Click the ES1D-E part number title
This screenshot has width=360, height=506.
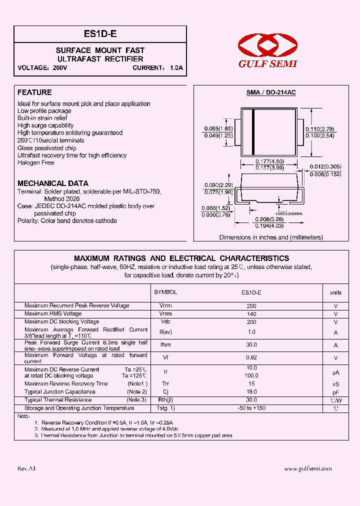point(100,34)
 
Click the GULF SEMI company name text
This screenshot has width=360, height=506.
point(267,63)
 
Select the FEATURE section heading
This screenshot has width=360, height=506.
point(34,92)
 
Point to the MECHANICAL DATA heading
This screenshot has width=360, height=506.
point(53,183)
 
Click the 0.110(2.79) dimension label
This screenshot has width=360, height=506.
point(319,129)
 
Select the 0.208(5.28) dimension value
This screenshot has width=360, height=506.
point(269,220)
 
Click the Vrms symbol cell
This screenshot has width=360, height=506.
point(165,313)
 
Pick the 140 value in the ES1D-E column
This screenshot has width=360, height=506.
point(251,313)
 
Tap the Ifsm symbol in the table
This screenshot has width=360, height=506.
point(165,345)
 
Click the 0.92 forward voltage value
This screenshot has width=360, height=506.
point(251,357)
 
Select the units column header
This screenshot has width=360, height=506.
point(335,292)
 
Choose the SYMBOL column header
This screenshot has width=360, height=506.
point(165,292)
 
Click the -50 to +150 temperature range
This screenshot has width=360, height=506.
point(251,408)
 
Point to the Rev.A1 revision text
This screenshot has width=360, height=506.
point(26,468)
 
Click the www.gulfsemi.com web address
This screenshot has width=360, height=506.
point(308,468)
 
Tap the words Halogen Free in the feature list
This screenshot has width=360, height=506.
point(35,162)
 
